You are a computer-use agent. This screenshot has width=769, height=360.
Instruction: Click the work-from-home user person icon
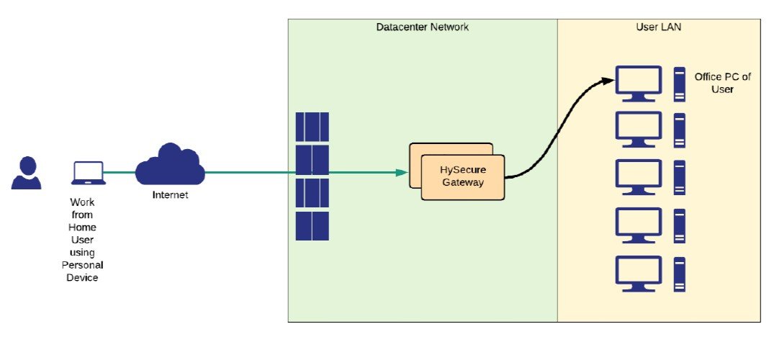click(26, 173)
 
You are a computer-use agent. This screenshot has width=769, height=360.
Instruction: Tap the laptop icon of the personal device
click(88, 173)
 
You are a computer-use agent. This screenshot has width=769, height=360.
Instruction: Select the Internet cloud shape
click(170, 165)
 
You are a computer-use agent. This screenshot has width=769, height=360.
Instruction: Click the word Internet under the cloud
click(170, 195)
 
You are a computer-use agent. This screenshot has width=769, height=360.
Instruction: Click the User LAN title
click(660, 27)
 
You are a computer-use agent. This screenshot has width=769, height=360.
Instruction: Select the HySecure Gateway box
click(462, 177)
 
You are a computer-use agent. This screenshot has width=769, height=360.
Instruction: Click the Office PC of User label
click(714, 83)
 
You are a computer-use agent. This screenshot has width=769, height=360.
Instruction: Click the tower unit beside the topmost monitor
click(679, 83)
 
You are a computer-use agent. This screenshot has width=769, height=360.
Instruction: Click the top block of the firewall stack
click(312, 127)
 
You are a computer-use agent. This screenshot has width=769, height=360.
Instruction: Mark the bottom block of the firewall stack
click(312, 226)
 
